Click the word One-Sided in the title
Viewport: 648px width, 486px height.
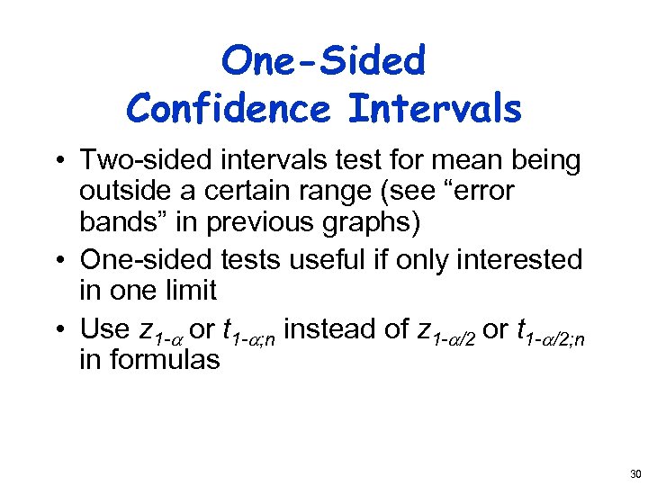click(323, 61)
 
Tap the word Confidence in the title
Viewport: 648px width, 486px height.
click(229, 109)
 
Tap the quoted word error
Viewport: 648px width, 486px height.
click(481, 192)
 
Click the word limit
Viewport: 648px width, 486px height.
click(187, 291)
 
